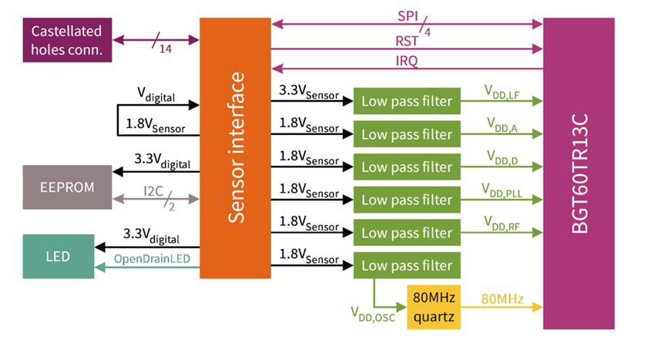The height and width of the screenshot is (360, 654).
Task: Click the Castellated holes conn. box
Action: pos(68,41)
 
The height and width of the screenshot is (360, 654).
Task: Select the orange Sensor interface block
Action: pos(235,147)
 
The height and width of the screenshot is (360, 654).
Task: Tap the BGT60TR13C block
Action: pos(579,173)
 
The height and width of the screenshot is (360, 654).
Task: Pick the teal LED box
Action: pos(58,256)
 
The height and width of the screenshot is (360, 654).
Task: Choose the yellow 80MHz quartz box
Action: pos(434,307)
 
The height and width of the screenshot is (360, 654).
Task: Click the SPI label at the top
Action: pos(407,15)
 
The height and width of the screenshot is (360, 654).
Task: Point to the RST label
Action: pos(407,39)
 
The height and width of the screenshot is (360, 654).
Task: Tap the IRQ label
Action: pos(407,61)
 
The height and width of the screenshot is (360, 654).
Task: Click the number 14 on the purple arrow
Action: pos(165,49)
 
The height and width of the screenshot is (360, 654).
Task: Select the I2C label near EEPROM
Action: pos(153,190)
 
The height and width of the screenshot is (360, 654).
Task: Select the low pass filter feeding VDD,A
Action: pos(407,134)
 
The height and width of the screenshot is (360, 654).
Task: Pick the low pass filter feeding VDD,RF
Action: pos(407,232)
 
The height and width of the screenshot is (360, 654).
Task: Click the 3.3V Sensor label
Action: pos(308,92)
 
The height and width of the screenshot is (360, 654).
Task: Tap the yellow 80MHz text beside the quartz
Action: pos(502,298)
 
